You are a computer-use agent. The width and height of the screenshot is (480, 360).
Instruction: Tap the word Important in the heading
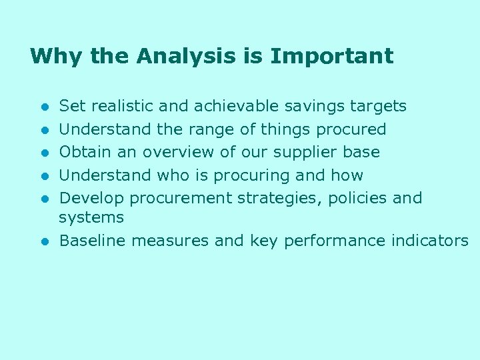tap(331, 56)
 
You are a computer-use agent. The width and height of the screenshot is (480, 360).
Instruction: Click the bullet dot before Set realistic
tap(43, 107)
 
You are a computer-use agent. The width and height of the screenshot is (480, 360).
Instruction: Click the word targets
tap(383, 106)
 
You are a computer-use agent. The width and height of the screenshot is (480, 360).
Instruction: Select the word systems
tap(91, 217)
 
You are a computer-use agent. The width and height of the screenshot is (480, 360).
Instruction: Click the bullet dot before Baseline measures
tap(43, 241)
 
